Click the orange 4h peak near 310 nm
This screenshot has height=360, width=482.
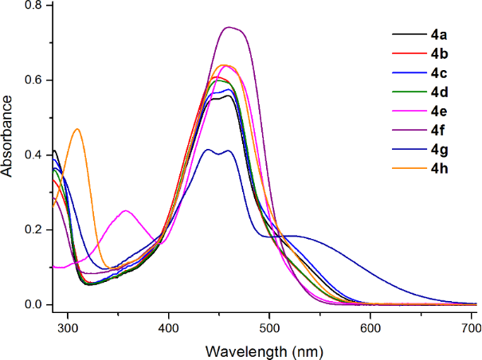(x=77, y=129)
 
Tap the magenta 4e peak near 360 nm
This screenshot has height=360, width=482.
(x=126, y=211)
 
